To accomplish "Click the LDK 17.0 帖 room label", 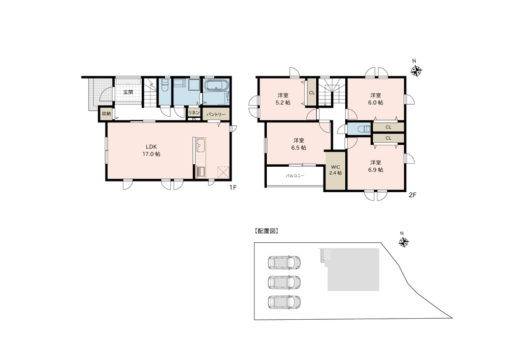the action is (x=151, y=150).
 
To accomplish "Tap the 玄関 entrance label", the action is (x=128, y=92).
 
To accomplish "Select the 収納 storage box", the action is (x=107, y=114).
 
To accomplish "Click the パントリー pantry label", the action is (x=216, y=114).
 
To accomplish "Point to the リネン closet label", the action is (x=194, y=113).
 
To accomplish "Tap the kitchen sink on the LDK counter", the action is (x=200, y=144).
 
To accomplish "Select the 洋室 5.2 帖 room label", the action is (x=283, y=99).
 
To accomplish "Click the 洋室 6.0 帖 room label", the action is (x=376, y=99).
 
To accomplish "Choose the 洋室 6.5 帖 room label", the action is (x=298, y=144).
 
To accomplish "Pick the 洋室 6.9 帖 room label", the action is (x=376, y=166).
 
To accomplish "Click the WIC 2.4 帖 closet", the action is (x=336, y=170).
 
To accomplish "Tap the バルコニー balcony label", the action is (x=295, y=175).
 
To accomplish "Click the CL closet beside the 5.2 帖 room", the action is (x=312, y=92).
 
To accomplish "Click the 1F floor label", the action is (x=232, y=187).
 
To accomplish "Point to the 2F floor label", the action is (x=413, y=195).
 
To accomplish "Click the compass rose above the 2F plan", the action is (x=416, y=70).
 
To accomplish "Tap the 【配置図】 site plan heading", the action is (x=266, y=231).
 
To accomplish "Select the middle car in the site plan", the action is (x=284, y=282).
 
